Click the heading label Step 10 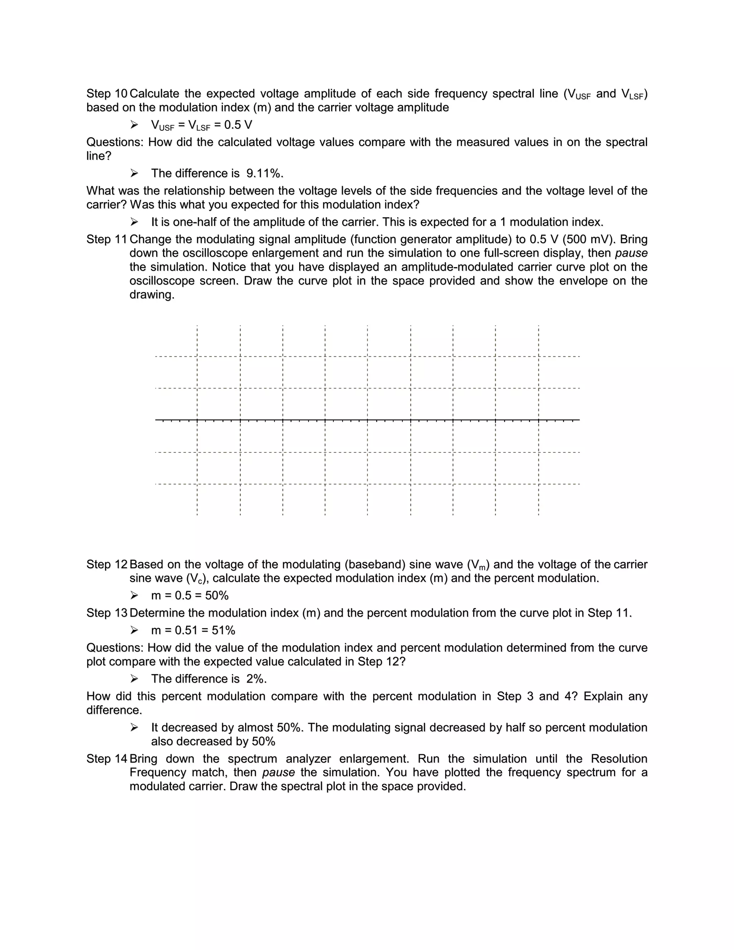106,94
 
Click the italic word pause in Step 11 631,253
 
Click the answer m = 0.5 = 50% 190,595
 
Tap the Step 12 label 106,564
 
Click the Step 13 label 106,613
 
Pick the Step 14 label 106,759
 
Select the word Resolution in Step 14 619,759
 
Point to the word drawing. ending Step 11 152,295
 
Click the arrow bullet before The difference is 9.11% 134,174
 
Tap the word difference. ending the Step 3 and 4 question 114,710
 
